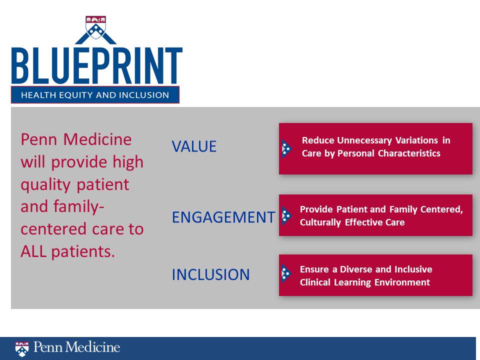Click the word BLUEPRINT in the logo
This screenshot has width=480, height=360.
click(x=96, y=66)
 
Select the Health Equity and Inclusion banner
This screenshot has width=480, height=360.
click(x=95, y=95)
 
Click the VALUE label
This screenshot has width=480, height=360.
click(x=194, y=146)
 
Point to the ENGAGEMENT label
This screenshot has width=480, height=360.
click(x=223, y=217)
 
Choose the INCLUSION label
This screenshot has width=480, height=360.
click(x=210, y=274)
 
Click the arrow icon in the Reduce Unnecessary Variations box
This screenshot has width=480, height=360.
click(x=286, y=148)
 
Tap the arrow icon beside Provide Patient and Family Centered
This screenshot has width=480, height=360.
click(x=286, y=215)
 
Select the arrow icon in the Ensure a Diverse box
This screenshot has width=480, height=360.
click(x=286, y=273)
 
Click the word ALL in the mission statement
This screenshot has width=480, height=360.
click(x=33, y=251)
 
